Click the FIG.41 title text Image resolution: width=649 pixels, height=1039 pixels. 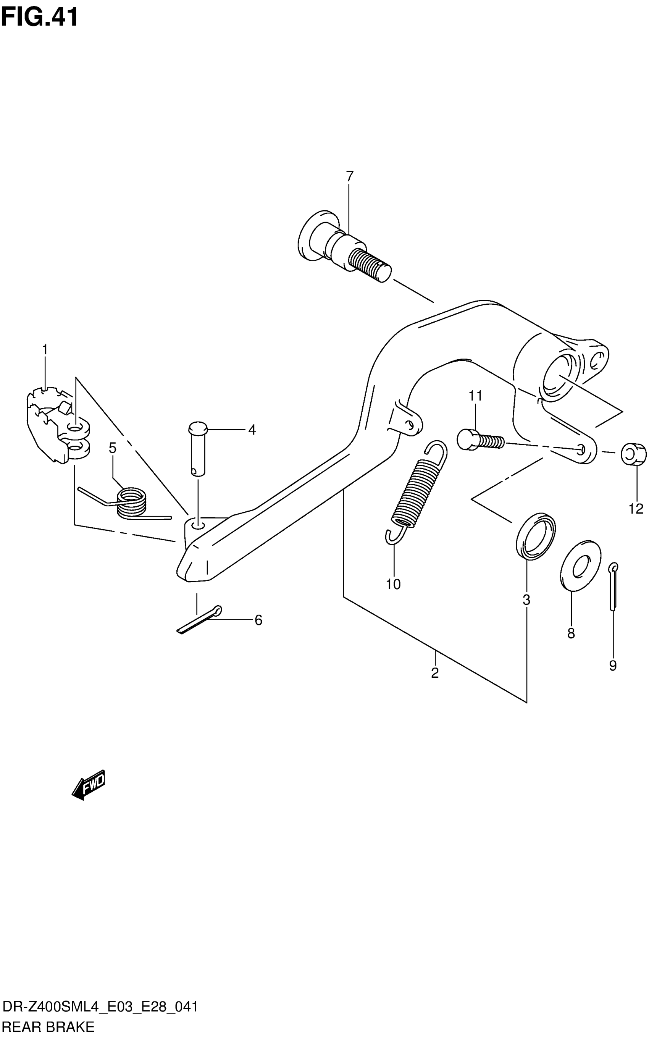pos(39,18)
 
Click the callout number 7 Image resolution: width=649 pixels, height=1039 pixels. pos(349,176)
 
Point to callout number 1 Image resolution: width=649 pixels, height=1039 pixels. pos(45,349)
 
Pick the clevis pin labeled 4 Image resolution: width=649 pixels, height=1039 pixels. pos(197,449)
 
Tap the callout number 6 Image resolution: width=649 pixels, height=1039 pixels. pos(258,620)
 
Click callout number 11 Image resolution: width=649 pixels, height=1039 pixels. pos(475,396)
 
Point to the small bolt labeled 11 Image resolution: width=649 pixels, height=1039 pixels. pos(481,441)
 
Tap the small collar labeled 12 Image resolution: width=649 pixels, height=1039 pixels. pos(633,454)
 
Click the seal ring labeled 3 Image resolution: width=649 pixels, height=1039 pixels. pos(535,536)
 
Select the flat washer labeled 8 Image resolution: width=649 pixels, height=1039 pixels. pos(580,566)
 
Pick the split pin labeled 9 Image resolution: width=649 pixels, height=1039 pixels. pos(613,586)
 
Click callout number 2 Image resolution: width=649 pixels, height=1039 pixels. pos(435,673)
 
